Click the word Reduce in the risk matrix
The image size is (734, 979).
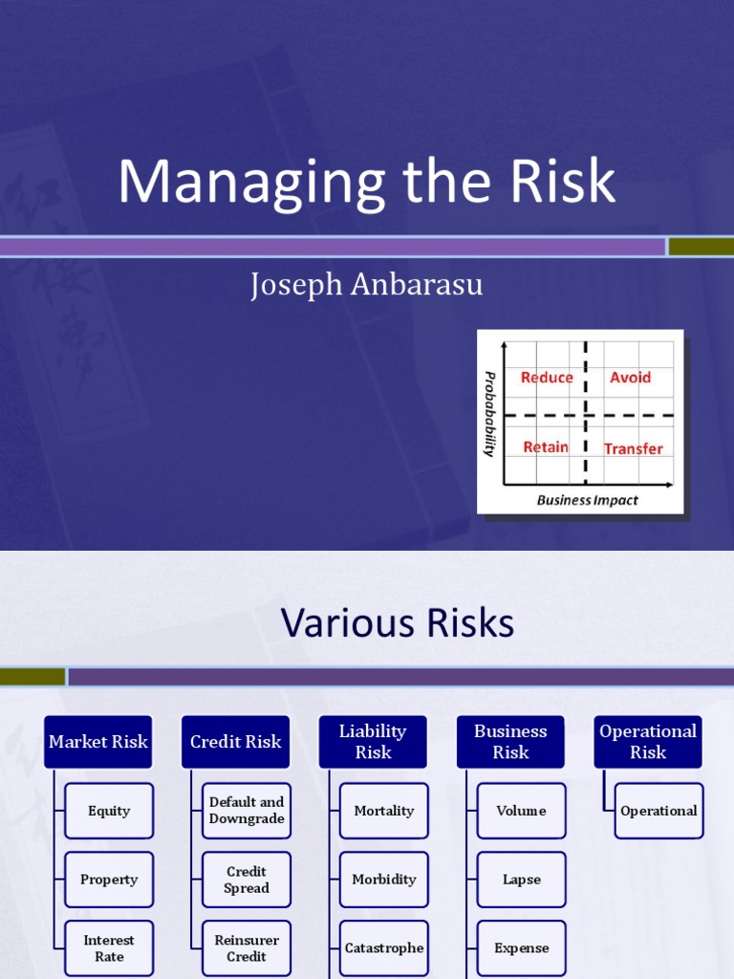547,378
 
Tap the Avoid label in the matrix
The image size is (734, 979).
630,378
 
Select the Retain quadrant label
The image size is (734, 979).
546,447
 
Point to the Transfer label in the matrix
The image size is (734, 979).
633,448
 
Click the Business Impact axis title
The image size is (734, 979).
587,500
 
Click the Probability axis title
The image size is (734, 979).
489,413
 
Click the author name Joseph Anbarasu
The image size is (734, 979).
366,285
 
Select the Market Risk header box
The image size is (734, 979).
98,742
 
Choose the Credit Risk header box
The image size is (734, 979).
235,742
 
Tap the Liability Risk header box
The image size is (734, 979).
373,742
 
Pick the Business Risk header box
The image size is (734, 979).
510,742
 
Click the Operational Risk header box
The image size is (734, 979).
648,742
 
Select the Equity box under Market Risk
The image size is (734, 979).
109,811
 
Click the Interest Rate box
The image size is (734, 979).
109,948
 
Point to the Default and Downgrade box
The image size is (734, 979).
247,811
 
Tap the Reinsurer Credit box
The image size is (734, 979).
247,948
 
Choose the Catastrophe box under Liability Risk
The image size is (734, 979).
384,948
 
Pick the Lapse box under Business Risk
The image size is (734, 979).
522,880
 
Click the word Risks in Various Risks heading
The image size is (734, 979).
460,624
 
